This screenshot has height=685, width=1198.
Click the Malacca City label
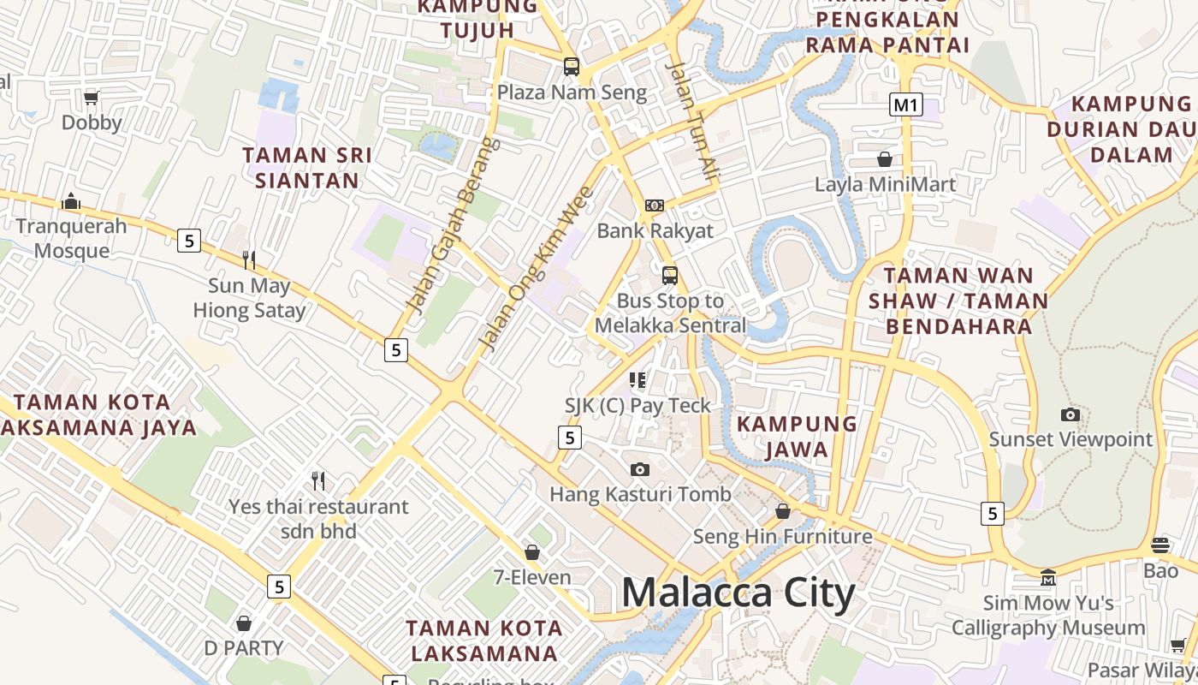pos(738,593)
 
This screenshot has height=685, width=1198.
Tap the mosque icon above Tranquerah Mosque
pos(71,201)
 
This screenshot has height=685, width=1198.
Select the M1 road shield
pos(905,105)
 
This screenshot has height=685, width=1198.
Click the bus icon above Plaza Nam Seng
pos(571,66)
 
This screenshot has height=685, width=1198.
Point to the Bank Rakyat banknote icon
pos(655,205)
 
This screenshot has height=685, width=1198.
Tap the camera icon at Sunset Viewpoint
pos(1070,415)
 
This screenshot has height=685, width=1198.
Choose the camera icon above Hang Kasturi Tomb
pos(639,469)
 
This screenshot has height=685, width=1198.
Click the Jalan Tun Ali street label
pos(695,120)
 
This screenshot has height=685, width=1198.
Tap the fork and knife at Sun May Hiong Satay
pos(249,259)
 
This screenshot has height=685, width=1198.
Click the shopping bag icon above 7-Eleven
pos(532,552)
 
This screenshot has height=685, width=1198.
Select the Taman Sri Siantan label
pos(306,168)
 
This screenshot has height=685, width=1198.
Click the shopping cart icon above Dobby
pos(92,97)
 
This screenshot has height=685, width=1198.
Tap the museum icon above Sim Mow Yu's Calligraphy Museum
pos(1048,578)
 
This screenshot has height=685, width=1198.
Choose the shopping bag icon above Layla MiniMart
pos(885,159)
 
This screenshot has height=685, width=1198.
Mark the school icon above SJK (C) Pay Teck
pos(638,379)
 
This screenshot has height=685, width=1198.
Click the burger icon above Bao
pos(1160,545)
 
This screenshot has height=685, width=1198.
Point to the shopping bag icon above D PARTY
pos(244,622)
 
